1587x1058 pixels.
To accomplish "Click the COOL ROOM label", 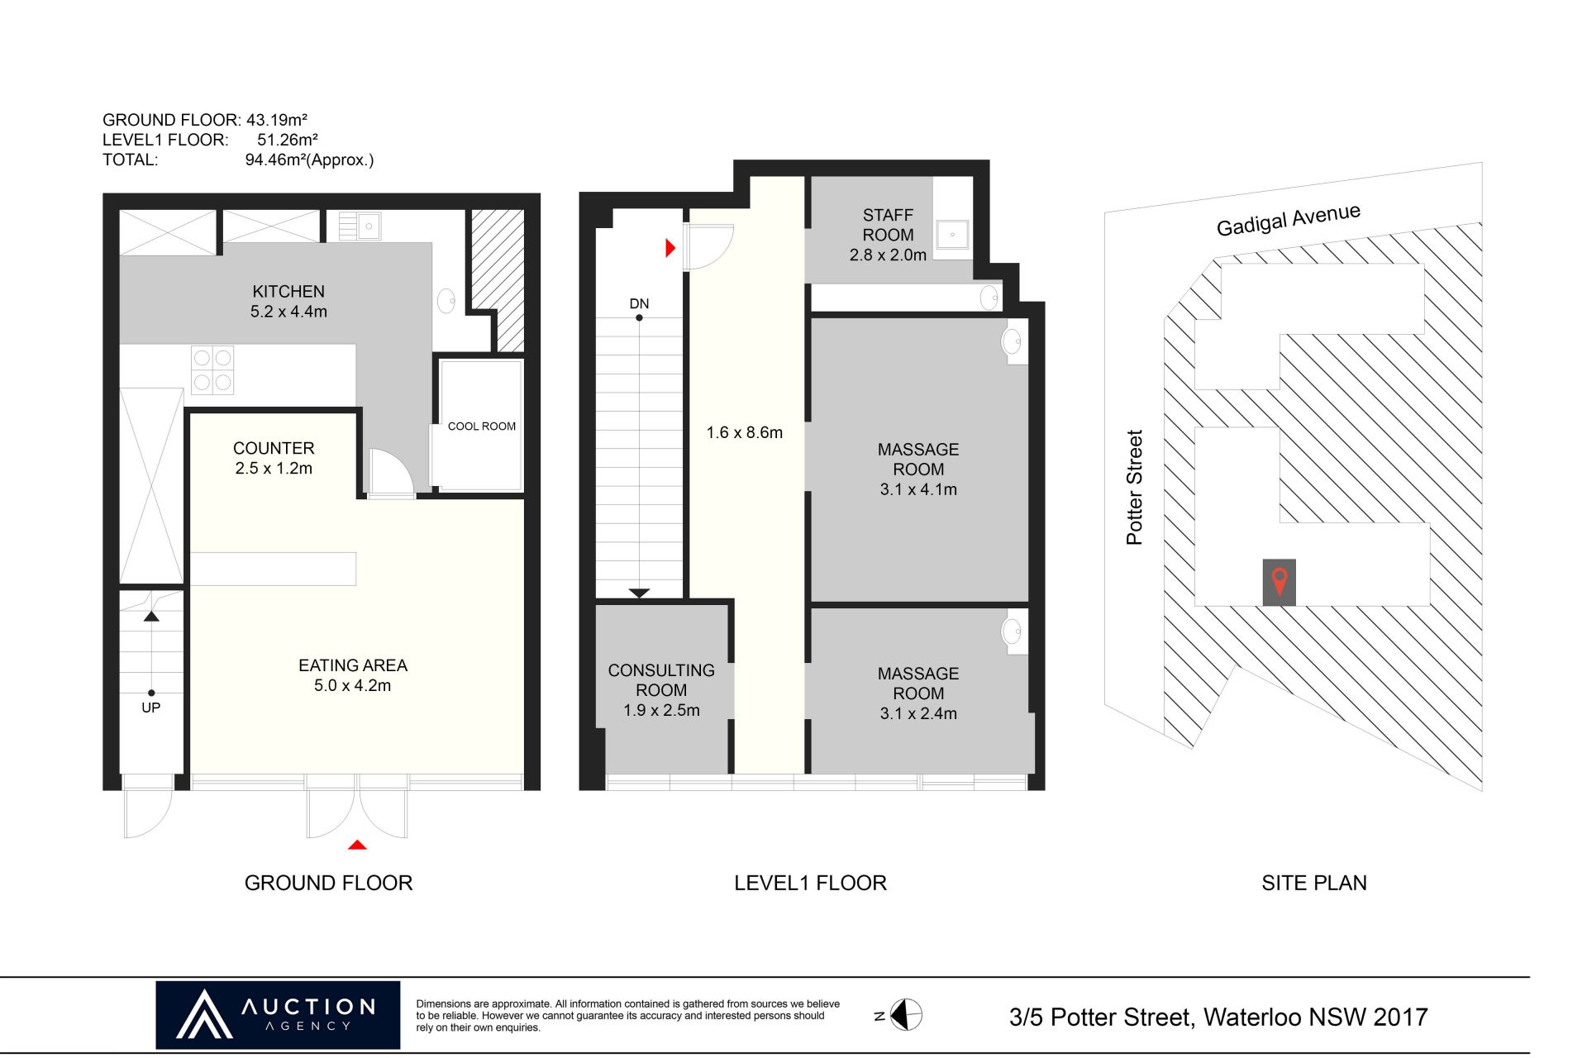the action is tap(481, 427).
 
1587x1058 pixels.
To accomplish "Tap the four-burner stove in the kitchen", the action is tap(212, 369).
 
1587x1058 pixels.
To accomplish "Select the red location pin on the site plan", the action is tap(1280, 582).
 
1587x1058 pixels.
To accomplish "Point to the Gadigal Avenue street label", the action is tap(1288, 220).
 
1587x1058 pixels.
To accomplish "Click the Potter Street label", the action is tap(1134, 487).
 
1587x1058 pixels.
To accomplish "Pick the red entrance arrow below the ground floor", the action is tap(357, 845).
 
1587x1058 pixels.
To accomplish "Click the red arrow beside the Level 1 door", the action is tap(670, 247).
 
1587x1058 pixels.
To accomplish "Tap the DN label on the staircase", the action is tap(639, 303).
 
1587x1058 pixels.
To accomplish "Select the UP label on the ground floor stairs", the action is tap(150, 708).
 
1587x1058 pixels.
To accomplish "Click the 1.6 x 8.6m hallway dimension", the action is tap(744, 432).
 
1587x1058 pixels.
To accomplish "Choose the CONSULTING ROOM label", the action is tap(661, 680).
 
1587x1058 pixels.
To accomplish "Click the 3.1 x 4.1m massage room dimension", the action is tap(918, 489).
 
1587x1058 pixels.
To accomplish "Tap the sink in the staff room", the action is tap(952, 235).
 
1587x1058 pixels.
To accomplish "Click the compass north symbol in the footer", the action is tap(905, 1015).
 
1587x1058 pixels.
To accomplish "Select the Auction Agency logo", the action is tap(278, 1015).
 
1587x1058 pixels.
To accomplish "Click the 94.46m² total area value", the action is tap(274, 160).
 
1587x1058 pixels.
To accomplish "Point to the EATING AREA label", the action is tap(353, 665).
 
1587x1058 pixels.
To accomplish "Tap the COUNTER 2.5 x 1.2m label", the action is tap(274, 458).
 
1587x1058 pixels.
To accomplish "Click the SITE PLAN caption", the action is tap(1313, 883).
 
